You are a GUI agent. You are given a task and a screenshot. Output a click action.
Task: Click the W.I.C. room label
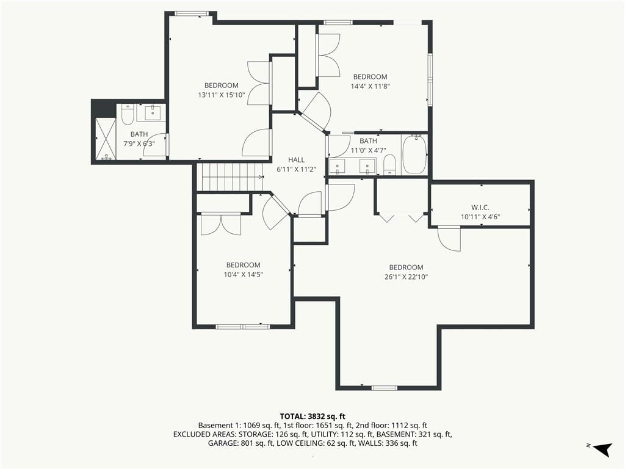pos(480,208)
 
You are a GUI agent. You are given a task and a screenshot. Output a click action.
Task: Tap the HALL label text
pos(296,160)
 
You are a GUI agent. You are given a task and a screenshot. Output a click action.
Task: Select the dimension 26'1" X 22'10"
pos(406,277)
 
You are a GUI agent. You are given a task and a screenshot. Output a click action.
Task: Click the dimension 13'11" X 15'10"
pos(221,95)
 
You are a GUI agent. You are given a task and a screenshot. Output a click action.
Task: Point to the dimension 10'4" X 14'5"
pos(243,274)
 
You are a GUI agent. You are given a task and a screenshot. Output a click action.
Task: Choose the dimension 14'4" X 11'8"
pos(370,86)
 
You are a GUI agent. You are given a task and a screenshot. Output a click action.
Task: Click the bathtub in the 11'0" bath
pos(414,155)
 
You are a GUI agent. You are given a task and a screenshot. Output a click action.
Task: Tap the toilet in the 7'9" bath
pos(128,114)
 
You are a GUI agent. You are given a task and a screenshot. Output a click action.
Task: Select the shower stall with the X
pos(105,139)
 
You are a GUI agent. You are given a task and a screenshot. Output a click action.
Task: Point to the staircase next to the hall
pos(232,176)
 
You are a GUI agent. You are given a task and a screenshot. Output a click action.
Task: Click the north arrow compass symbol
pos(602,449)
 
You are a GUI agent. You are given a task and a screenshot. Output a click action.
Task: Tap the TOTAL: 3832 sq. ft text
pos(312,416)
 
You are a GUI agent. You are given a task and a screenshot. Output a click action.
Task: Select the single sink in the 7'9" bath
pos(152,113)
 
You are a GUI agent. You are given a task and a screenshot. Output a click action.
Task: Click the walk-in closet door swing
pos(449,239)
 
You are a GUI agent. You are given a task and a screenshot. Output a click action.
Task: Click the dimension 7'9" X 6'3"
pos(139,144)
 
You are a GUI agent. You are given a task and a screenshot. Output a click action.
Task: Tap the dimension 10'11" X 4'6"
pos(480,217)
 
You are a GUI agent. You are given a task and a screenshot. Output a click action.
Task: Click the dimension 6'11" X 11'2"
pos(297,170)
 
